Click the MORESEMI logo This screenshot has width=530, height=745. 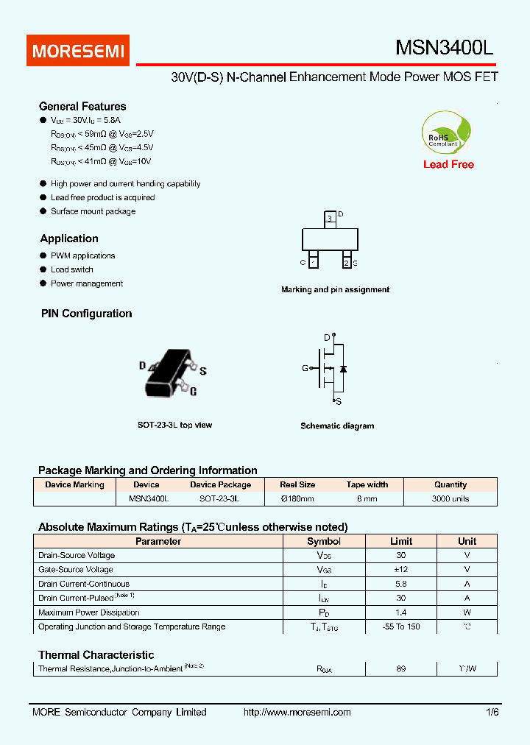pyautogui.click(x=78, y=51)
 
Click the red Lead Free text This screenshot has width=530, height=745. pyautogui.click(x=448, y=164)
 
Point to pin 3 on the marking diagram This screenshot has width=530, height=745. pyautogui.click(x=330, y=219)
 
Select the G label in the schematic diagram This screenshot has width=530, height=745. pyautogui.click(x=305, y=368)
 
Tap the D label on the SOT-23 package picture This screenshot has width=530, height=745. pyautogui.click(x=142, y=365)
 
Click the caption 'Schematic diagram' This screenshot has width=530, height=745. pyautogui.click(x=337, y=426)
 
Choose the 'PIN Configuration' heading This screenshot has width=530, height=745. pyautogui.click(x=86, y=314)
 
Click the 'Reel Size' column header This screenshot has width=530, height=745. pyautogui.click(x=297, y=484)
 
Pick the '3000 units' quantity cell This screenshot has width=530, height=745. pyautogui.click(x=450, y=498)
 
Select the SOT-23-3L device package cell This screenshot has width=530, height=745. pyautogui.click(x=220, y=498)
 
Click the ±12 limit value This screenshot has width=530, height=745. pyautogui.click(x=400, y=569)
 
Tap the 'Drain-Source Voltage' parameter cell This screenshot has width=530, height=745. pyautogui.click(x=77, y=555)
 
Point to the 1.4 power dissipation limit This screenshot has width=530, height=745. pyautogui.click(x=400, y=612)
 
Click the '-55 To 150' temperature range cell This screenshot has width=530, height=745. pyautogui.click(x=400, y=626)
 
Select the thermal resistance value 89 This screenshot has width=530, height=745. pyautogui.click(x=400, y=668)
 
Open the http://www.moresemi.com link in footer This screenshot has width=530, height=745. pyautogui.click(x=297, y=712)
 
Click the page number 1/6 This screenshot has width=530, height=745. pyautogui.click(x=492, y=712)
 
